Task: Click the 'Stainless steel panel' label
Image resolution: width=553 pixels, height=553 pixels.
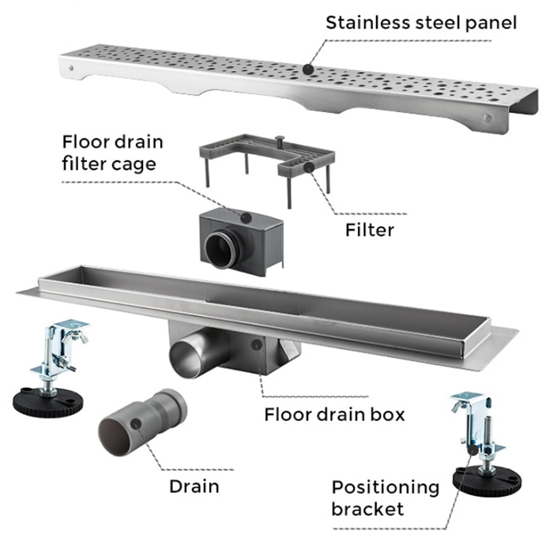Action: coord(421,21)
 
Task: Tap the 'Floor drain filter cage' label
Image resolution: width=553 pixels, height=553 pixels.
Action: coord(112,154)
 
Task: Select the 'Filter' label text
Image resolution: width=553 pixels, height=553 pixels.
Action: coord(369,230)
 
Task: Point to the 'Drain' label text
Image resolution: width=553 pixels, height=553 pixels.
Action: coord(194,485)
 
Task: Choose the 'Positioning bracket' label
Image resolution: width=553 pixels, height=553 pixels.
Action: coord(385,497)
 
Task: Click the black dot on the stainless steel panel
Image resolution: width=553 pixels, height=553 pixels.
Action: coord(308,70)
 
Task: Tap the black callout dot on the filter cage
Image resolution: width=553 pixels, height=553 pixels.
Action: coord(246,216)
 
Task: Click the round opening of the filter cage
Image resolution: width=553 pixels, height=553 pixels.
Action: coord(219,246)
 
